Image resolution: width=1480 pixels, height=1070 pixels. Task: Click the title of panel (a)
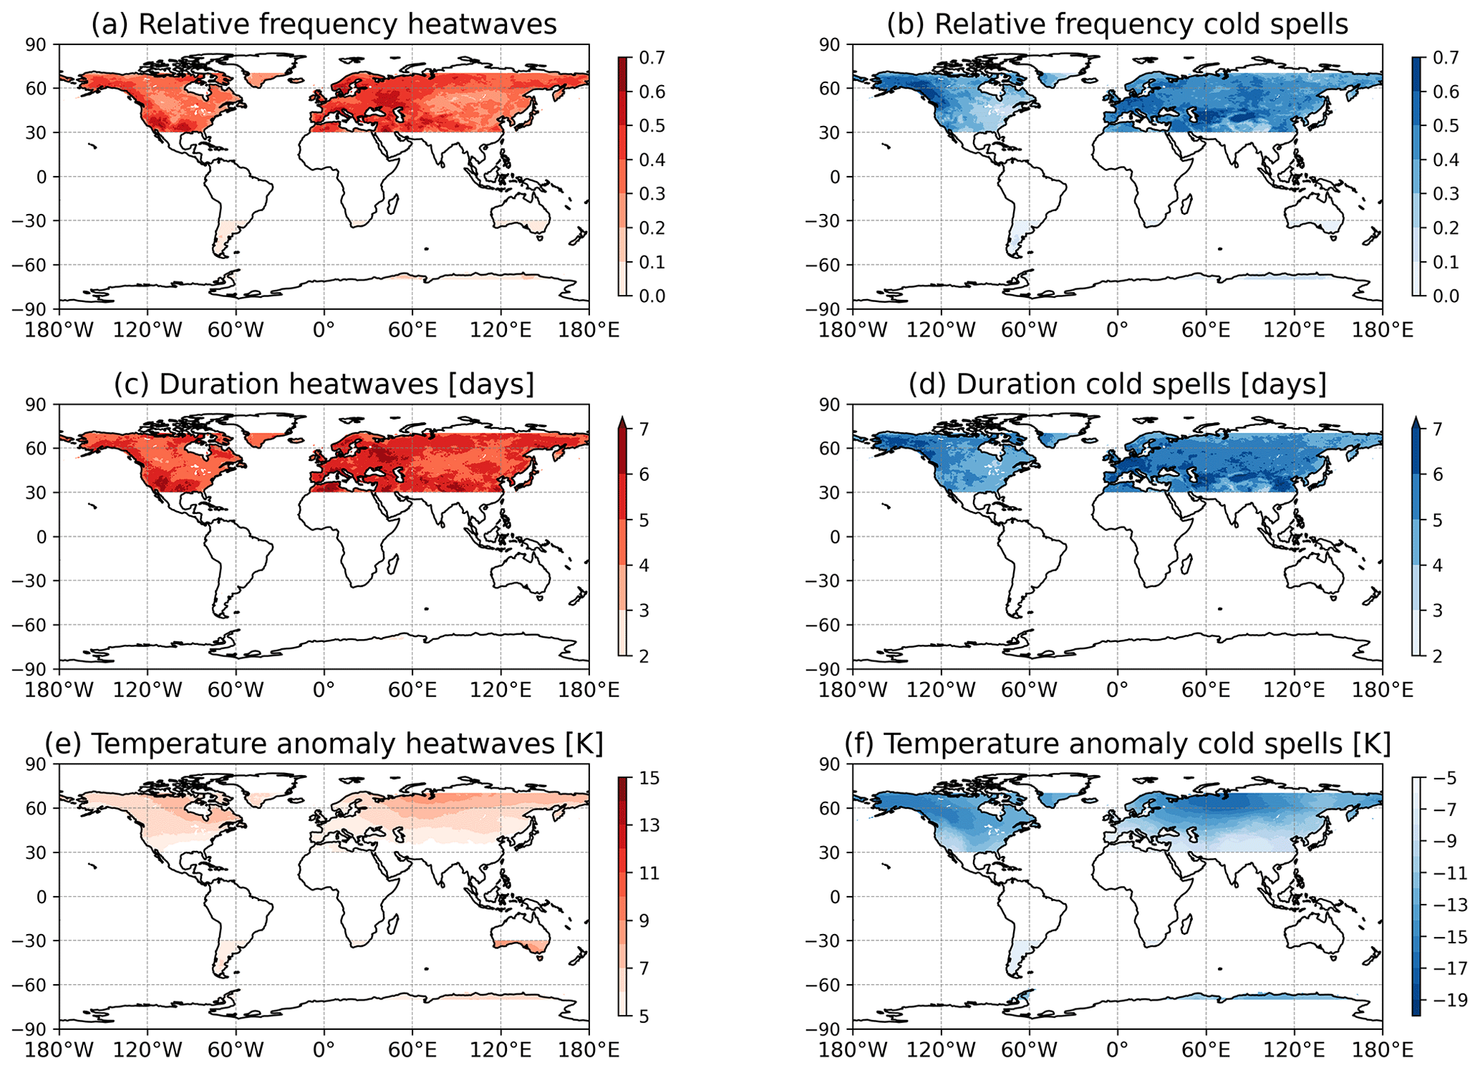(324, 24)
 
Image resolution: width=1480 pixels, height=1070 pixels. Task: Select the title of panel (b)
(1117, 24)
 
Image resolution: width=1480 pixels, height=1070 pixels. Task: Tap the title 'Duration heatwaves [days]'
(324, 384)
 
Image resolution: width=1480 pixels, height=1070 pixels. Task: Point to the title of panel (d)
(1117, 384)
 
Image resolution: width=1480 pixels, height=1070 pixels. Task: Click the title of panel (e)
(324, 744)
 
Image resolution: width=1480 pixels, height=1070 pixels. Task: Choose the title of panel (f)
(1117, 744)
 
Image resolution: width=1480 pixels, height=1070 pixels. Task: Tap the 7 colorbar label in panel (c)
(644, 429)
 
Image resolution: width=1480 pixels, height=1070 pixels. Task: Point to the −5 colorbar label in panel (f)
(1447, 778)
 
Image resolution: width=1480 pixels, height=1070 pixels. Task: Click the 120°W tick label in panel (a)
(147, 330)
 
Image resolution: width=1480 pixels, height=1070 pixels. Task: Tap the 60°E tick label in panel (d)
(1206, 690)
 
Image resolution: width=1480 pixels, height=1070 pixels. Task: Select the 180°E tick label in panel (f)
(1382, 1050)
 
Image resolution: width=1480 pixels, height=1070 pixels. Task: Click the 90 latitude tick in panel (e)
(36, 764)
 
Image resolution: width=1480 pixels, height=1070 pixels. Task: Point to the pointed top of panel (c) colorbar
(622, 420)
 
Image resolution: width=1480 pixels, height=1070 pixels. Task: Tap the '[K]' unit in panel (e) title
(584, 744)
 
